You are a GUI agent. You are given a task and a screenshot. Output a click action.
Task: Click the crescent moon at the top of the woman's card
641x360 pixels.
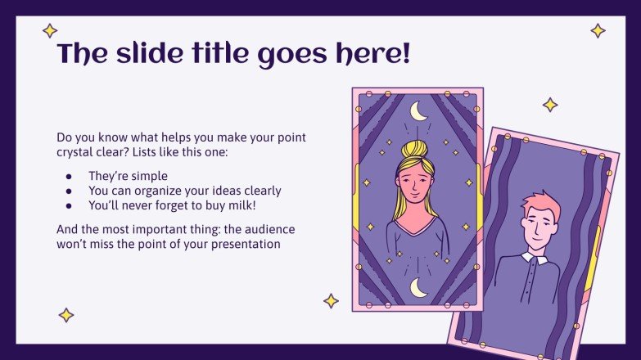[x=418, y=110]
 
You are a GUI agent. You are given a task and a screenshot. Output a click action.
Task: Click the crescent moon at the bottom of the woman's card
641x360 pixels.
[x=418, y=287]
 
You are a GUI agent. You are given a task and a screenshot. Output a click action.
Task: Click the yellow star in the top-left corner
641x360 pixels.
[x=50, y=31]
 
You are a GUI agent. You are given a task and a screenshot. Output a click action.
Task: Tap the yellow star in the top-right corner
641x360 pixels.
[x=598, y=31]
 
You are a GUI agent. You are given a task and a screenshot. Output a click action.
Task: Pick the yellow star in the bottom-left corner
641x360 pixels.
[x=65, y=315]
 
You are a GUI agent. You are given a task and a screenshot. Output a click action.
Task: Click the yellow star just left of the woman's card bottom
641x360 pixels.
[x=331, y=301]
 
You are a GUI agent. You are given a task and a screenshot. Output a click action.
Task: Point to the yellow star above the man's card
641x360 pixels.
[x=550, y=105]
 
